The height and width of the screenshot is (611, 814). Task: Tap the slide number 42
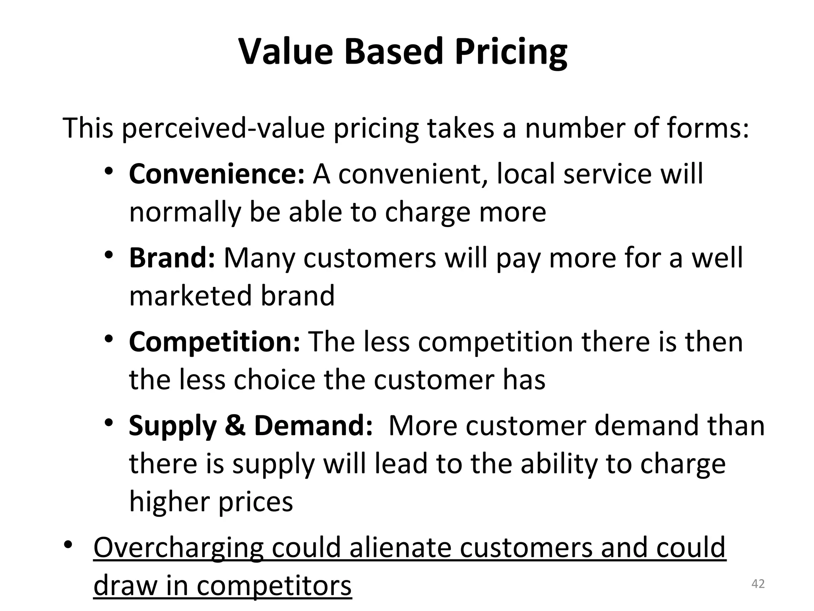[758, 584]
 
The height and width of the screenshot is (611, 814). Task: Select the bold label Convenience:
[217, 175]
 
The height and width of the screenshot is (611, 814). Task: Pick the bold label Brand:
[172, 258]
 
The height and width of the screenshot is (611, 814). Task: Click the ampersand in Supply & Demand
[235, 426]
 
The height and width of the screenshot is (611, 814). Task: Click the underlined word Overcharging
[178, 548]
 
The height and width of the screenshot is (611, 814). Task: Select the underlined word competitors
[274, 586]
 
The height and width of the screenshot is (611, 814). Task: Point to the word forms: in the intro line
[707, 128]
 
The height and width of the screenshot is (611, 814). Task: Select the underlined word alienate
[400, 547]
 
